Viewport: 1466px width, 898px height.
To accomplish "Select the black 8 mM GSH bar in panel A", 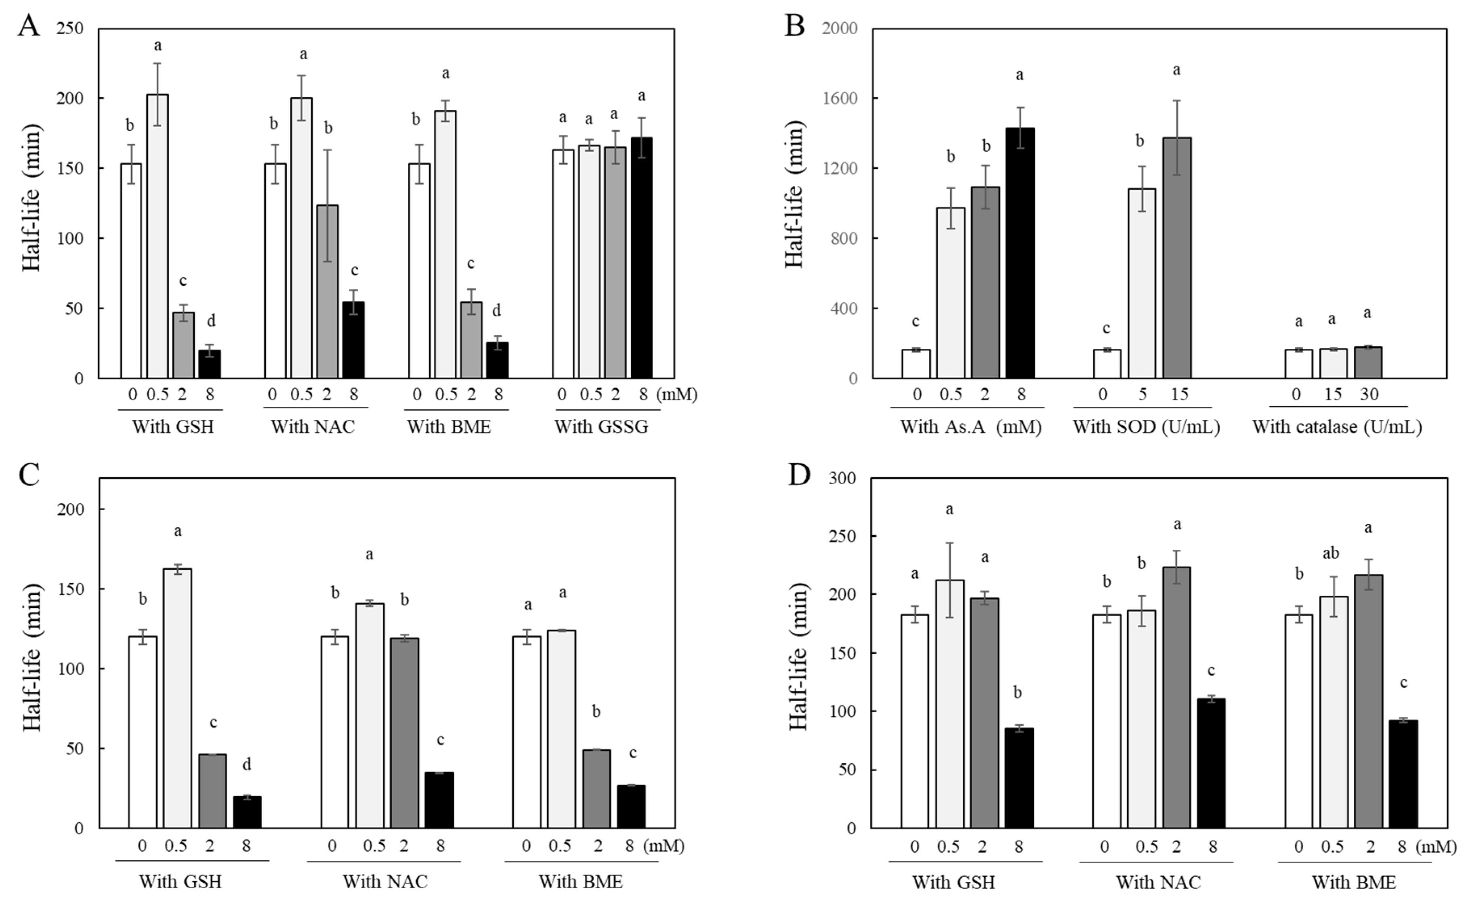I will click(210, 364).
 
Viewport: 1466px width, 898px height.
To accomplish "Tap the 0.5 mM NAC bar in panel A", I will click(301, 238).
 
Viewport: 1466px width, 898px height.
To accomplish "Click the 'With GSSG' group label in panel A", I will click(601, 427).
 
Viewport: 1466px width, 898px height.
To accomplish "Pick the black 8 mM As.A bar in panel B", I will click(1021, 253).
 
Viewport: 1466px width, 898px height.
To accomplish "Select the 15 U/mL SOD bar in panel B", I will click(1177, 257).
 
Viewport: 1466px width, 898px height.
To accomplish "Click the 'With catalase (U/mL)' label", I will click(1336, 427).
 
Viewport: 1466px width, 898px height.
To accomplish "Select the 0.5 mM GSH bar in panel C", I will click(177, 698).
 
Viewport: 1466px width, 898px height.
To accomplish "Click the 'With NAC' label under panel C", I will click(385, 881).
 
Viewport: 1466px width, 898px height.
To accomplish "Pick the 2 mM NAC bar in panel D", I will click(1176, 697).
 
